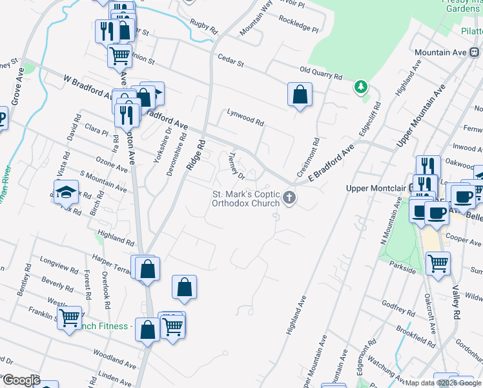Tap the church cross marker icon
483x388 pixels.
pyautogui.click(x=290, y=199)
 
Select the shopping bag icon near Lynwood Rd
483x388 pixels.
pyautogui.click(x=300, y=95)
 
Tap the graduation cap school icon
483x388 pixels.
pyautogui.click(x=66, y=191)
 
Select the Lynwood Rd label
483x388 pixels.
pyautogui.click(x=245, y=117)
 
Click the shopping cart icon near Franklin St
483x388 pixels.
pyautogui.click(x=69, y=318)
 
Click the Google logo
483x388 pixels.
pyautogui.click(x=21, y=380)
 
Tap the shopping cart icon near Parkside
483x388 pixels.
pyautogui.click(x=438, y=264)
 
